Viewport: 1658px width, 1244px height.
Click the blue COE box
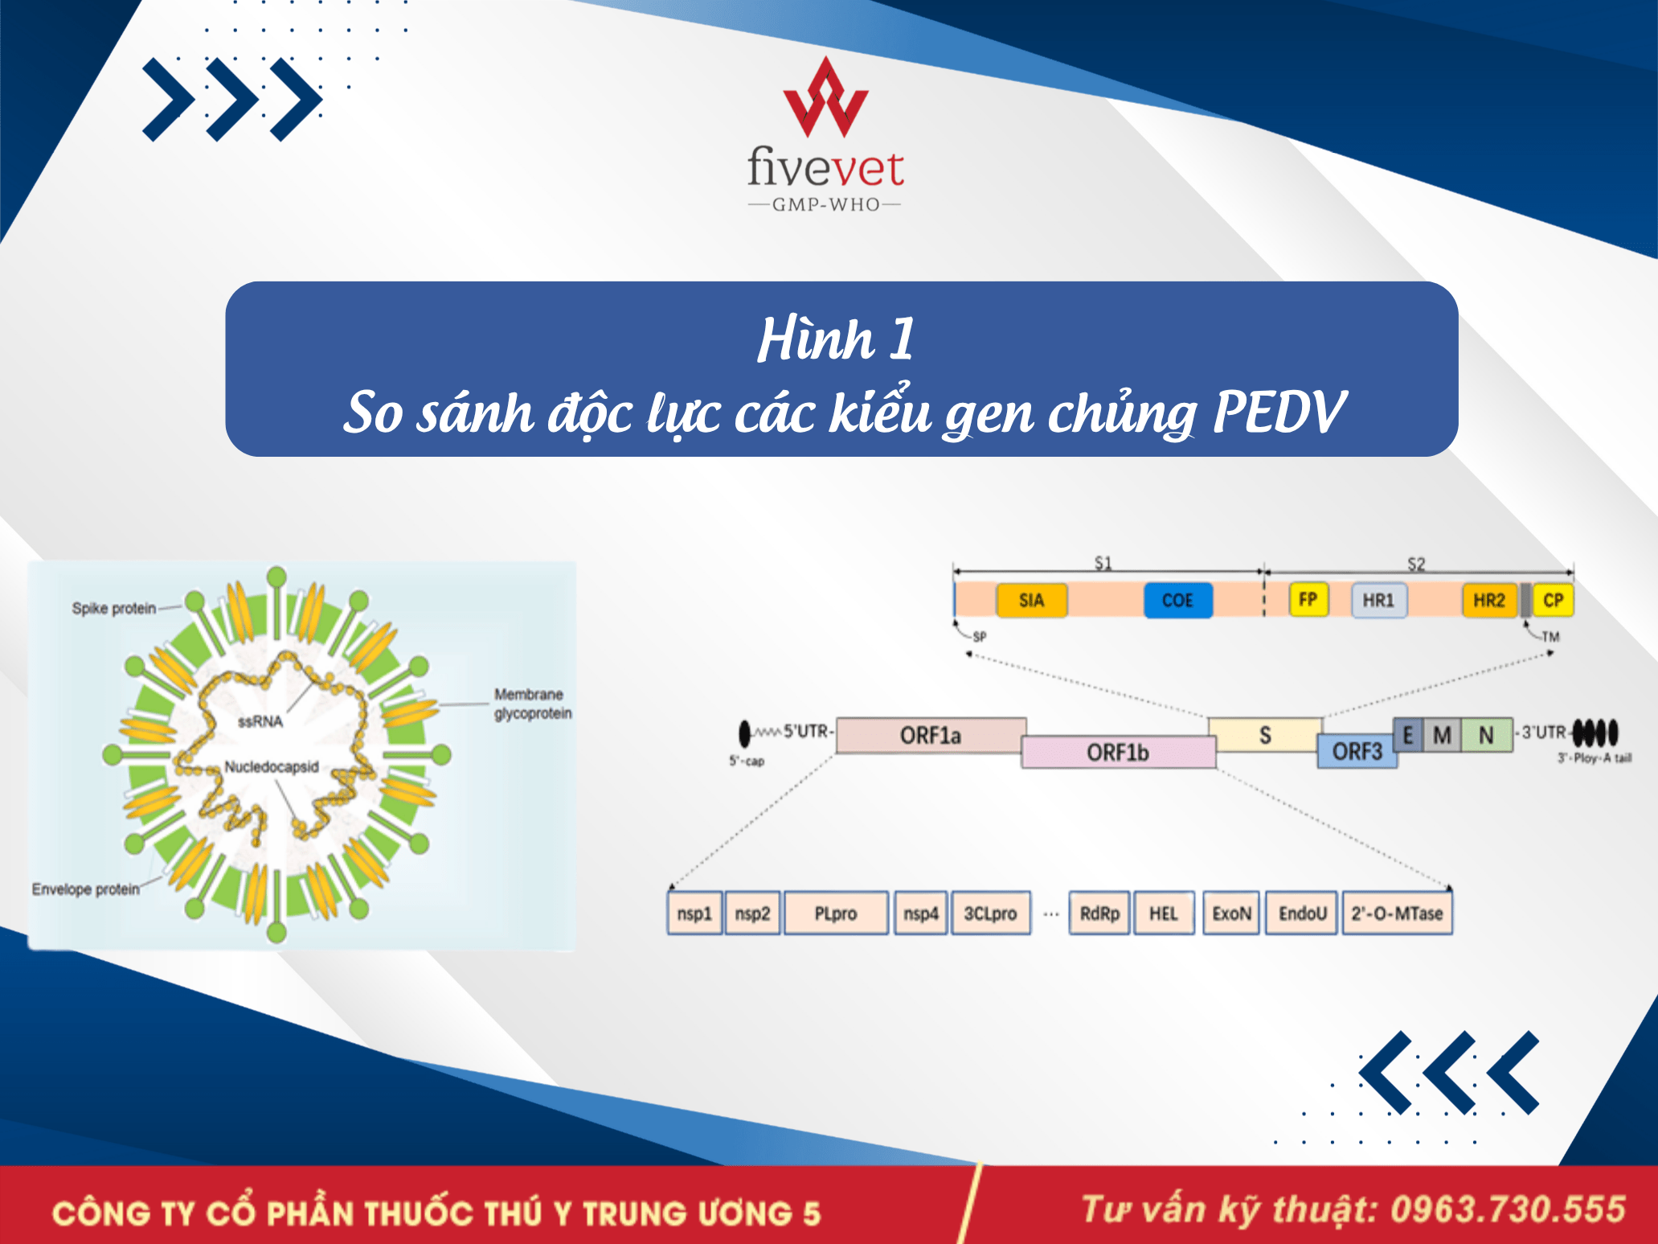1177,600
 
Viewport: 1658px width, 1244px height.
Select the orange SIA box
1032,600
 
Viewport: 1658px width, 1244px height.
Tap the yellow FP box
1308,599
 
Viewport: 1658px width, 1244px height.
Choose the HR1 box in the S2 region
1379,600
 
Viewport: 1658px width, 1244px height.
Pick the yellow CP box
1554,600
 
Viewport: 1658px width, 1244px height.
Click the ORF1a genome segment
931,735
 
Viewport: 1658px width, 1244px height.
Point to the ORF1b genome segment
1118,752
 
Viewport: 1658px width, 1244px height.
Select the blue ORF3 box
1357,751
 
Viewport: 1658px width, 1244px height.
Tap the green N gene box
1487,735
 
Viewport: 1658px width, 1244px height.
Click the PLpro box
836,913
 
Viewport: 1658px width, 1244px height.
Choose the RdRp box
1099,913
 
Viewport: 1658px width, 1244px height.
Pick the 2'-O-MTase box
1397,913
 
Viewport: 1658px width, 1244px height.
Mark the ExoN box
1231,913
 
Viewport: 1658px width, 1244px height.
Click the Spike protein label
114,608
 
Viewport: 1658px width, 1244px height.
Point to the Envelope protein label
86,889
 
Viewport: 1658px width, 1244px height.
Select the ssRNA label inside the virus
260,721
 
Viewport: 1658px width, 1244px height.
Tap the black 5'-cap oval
745,733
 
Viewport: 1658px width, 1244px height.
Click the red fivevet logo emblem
825,96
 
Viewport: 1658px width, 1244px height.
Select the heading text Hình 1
836,339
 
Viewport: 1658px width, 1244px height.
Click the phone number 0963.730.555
1509,1209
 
